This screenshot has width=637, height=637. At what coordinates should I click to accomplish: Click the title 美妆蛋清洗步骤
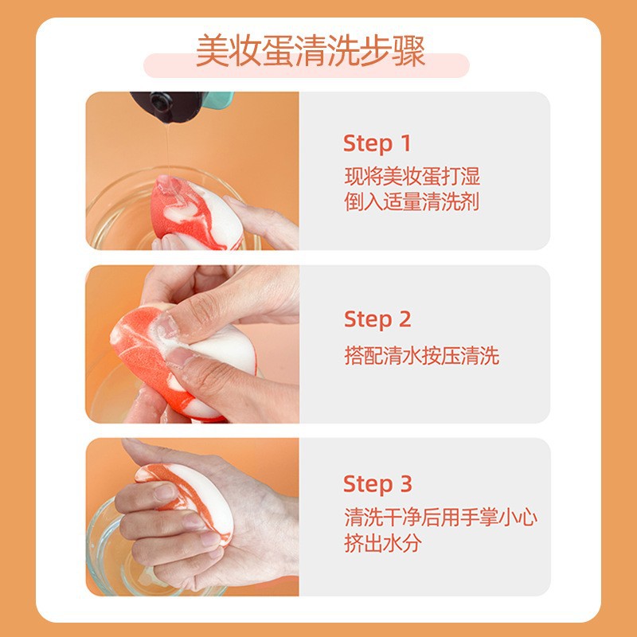[311, 51]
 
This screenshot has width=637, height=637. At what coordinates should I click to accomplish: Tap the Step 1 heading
[377, 143]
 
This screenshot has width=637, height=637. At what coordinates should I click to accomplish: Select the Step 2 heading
[377, 319]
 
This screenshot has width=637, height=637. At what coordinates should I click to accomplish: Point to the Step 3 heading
[377, 484]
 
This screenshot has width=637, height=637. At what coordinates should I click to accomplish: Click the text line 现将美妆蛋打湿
[412, 176]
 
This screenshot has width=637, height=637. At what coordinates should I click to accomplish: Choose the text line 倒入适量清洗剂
[412, 201]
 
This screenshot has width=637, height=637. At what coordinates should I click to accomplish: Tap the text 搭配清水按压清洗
[422, 356]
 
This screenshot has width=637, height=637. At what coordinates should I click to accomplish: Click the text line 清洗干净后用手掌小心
[441, 518]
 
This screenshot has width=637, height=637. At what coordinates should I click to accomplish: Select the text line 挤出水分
[383, 543]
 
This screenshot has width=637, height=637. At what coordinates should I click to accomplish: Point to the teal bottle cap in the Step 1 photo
[220, 100]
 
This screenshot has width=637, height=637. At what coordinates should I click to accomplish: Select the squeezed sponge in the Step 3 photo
[188, 499]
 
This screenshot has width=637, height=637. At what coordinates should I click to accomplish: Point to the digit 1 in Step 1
[405, 143]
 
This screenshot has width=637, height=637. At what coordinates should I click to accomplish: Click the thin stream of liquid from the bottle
[167, 150]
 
